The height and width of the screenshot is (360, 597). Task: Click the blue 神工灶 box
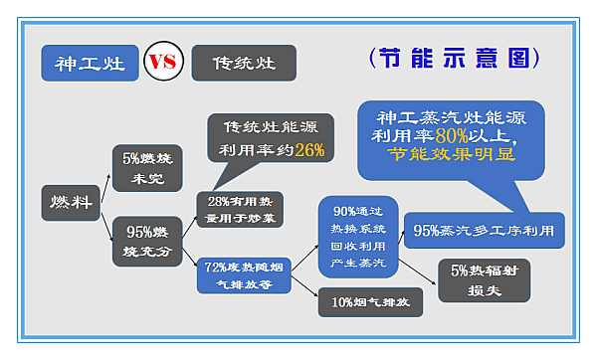coord(90,63)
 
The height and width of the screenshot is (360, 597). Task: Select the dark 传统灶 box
coord(244,63)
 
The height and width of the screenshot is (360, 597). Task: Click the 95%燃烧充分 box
coord(148,240)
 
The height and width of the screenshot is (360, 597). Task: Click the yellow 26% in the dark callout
coord(308,151)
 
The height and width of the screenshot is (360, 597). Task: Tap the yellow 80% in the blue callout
coord(450,134)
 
